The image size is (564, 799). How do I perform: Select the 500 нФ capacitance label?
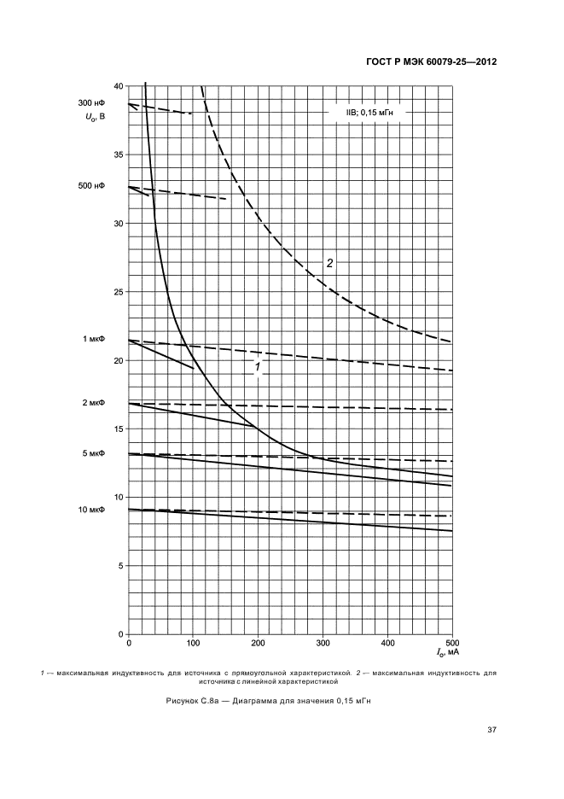click(x=91, y=185)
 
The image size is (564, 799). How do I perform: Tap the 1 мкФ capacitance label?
click(x=93, y=339)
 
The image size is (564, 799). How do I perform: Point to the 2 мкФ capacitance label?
click(x=93, y=402)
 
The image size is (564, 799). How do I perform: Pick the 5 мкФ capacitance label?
click(x=93, y=453)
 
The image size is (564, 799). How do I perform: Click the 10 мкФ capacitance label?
click(x=91, y=510)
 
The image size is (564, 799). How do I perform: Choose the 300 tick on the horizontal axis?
click(x=323, y=643)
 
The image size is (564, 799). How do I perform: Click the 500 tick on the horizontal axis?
click(x=452, y=643)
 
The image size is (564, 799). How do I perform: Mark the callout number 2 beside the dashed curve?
click(x=329, y=262)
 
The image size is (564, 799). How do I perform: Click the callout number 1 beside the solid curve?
click(x=255, y=369)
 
